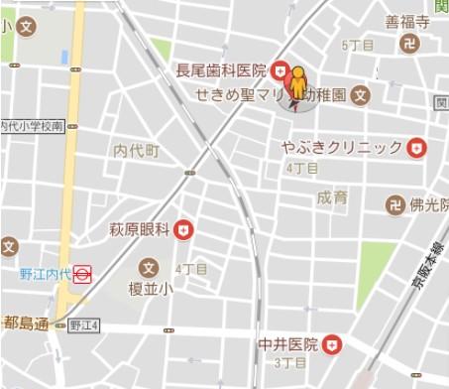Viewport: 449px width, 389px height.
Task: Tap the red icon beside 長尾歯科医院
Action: [281, 70]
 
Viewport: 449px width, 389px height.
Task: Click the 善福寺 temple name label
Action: [406, 21]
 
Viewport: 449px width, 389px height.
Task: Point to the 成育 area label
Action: [333, 197]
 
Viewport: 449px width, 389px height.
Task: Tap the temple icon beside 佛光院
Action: [394, 205]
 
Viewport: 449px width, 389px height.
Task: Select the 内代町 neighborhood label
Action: [136, 151]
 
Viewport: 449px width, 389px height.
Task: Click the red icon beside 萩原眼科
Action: [182, 230]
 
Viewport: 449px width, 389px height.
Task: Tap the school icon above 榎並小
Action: [149, 268]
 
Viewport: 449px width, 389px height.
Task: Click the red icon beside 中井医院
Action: [334, 345]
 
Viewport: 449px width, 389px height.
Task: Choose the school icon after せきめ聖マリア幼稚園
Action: [360, 96]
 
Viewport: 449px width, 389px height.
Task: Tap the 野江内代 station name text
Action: [44, 274]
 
